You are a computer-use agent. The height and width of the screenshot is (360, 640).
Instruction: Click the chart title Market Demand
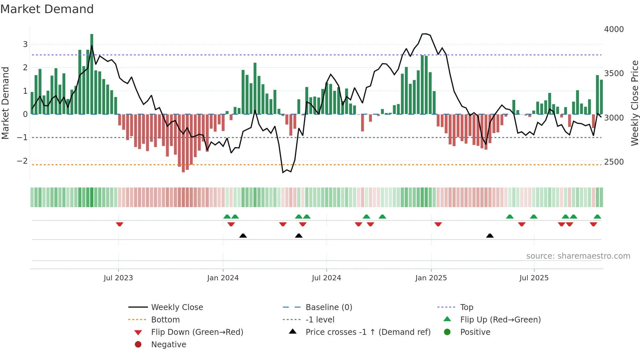coord(47,9)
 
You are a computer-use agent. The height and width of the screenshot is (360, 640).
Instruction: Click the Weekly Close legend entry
coord(177,307)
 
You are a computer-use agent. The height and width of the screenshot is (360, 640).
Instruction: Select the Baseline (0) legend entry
coord(328,307)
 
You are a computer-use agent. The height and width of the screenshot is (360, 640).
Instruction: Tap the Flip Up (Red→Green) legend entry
coord(500,319)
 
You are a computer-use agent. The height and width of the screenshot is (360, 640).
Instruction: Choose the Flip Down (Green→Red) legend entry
coord(197,332)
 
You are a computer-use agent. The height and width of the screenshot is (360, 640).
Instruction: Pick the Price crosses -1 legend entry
coord(368,332)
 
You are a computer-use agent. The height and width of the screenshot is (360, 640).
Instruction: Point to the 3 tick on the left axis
coord(25,44)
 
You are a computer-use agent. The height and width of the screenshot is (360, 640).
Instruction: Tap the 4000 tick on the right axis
coord(614,29)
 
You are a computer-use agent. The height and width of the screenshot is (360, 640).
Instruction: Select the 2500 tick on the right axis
coord(614,162)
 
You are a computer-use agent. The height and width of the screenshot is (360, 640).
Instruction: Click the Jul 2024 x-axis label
coord(326,278)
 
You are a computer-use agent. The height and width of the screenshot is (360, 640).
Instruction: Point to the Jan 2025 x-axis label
coord(431,278)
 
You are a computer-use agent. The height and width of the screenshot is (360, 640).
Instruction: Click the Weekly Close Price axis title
coord(634,103)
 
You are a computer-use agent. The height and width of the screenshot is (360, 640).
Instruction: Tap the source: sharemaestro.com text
coord(578,256)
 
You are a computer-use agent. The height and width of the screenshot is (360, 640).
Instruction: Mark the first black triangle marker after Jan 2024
coord(243,236)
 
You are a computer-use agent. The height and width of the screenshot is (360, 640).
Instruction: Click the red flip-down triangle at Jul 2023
coord(120,224)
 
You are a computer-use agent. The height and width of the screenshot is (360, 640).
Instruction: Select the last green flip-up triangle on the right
coord(597,217)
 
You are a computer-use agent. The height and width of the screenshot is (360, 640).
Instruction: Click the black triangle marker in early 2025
coord(490,236)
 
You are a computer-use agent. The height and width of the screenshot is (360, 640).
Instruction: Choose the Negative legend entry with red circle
coord(168,344)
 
